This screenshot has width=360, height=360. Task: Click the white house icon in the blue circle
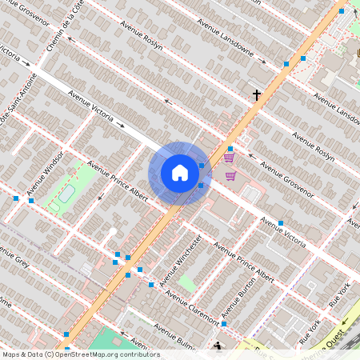tap(180, 173)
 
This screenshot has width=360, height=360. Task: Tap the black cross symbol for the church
tap(257, 95)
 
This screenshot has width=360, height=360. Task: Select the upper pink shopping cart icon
tap(229, 158)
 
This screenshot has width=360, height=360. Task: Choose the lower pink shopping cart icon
tap(230, 175)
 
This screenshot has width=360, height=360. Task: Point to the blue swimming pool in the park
tap(66, 193)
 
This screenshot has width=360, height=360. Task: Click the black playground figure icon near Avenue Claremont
tap(219, 346)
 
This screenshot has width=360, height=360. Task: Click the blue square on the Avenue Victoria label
tap(280, 223)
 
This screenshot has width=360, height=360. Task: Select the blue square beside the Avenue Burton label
tap(224, 324)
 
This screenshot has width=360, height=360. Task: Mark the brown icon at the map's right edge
tap(357, 46)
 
